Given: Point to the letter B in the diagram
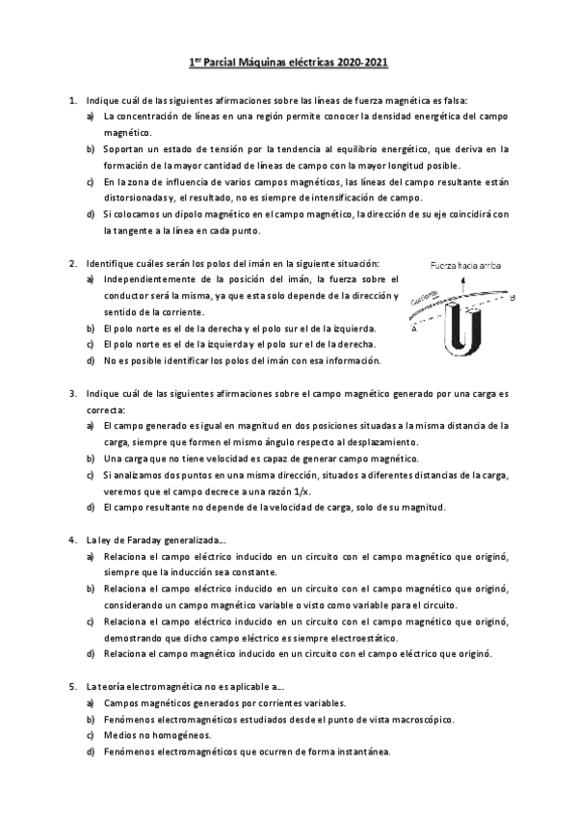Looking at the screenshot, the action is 513,298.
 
